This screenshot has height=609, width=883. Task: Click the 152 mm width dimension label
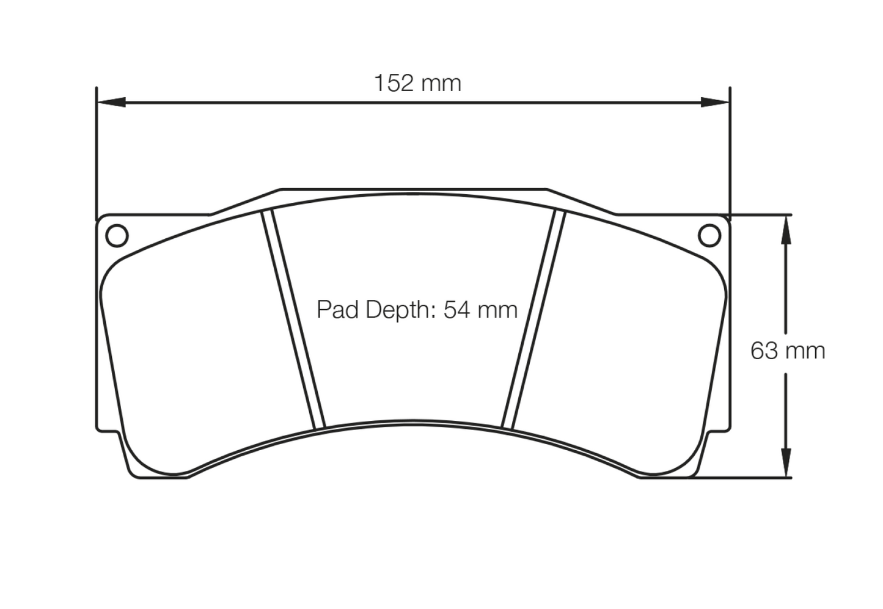click(417, 83)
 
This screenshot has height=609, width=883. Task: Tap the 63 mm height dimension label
click(787, 351)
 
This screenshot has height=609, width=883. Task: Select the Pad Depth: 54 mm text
click(417, 310)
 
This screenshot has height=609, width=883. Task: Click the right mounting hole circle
click(709, 235)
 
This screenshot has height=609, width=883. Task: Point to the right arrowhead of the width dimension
click(715, 102)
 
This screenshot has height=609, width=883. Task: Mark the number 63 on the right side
click(763, 351)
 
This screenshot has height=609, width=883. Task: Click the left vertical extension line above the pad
click(97, 153)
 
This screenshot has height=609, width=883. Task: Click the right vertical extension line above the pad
click(730, 153)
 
